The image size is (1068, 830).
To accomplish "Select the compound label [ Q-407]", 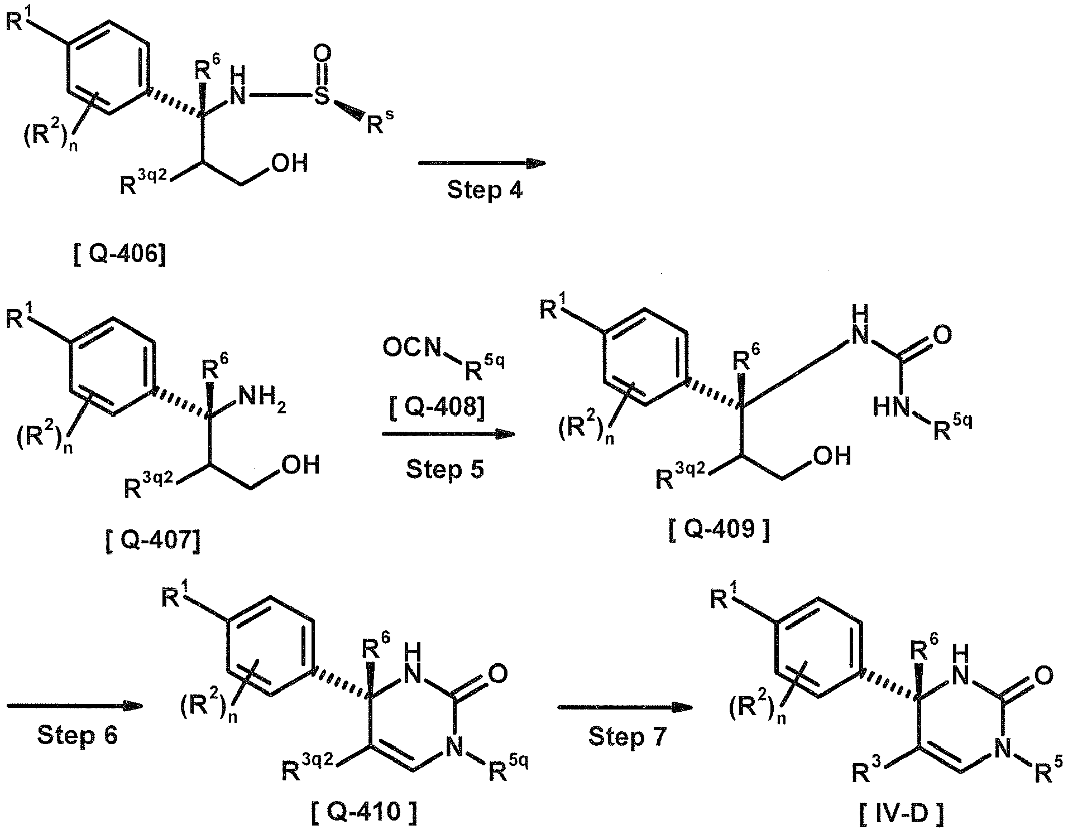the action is pos(152,539).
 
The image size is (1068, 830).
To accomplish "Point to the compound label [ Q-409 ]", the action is pos(719,529).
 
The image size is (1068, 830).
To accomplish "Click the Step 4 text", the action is pos(485,190).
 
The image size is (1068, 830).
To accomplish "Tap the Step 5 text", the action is pos(445,469).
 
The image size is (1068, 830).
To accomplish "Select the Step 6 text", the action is pos(78,736).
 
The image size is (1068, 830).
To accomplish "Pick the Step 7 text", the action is pos(628,737).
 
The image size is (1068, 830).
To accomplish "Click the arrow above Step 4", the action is pos(481,163).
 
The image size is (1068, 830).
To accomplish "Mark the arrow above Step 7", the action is pos(625,707).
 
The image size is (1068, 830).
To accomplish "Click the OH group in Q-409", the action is pos(832,455).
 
